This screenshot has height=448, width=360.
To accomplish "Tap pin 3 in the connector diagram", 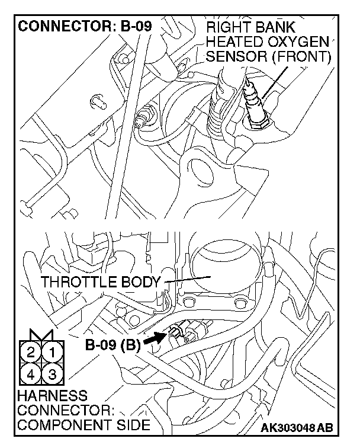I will (52, 374).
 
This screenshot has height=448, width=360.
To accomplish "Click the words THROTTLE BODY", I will (101, 282).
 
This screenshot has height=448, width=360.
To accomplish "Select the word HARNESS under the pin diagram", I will (52, 395).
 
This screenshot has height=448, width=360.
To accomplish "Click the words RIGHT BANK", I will (251, 28).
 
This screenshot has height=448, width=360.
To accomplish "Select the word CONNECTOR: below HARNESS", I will (57, 410).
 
